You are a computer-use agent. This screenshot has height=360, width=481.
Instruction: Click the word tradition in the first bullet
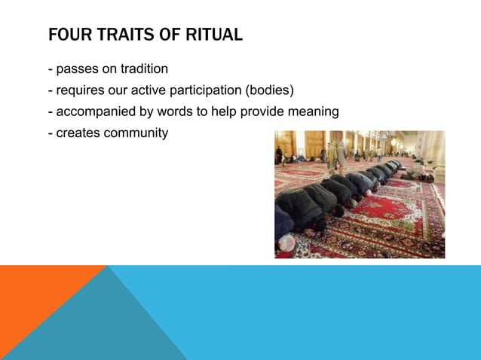pos(141,69)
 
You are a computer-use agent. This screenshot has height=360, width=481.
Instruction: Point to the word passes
pos(75,69)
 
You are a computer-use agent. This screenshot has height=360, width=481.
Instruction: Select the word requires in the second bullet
pos(79,91)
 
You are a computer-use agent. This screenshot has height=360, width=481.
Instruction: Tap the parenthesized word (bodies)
pos(274,91)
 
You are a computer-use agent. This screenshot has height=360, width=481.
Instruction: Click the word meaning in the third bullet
pos(315,112)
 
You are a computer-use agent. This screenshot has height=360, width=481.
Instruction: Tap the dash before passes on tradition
pos(50,69)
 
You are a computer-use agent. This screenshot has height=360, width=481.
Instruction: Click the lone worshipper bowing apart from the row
pos(416,171)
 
